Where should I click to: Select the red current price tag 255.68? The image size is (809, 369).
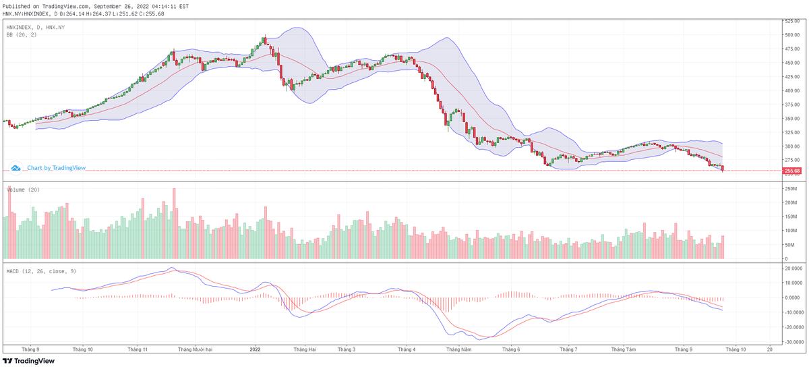coord(792,171)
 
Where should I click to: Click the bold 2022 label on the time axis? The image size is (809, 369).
coord(255,349)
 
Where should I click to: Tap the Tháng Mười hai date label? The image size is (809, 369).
coord(195,349)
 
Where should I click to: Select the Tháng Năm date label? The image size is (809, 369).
coord(458,349)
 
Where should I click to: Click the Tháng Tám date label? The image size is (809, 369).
coord(624,349)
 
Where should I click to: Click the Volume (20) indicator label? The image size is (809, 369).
coord(23,190)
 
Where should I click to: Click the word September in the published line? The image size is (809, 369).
coord(109,6)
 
